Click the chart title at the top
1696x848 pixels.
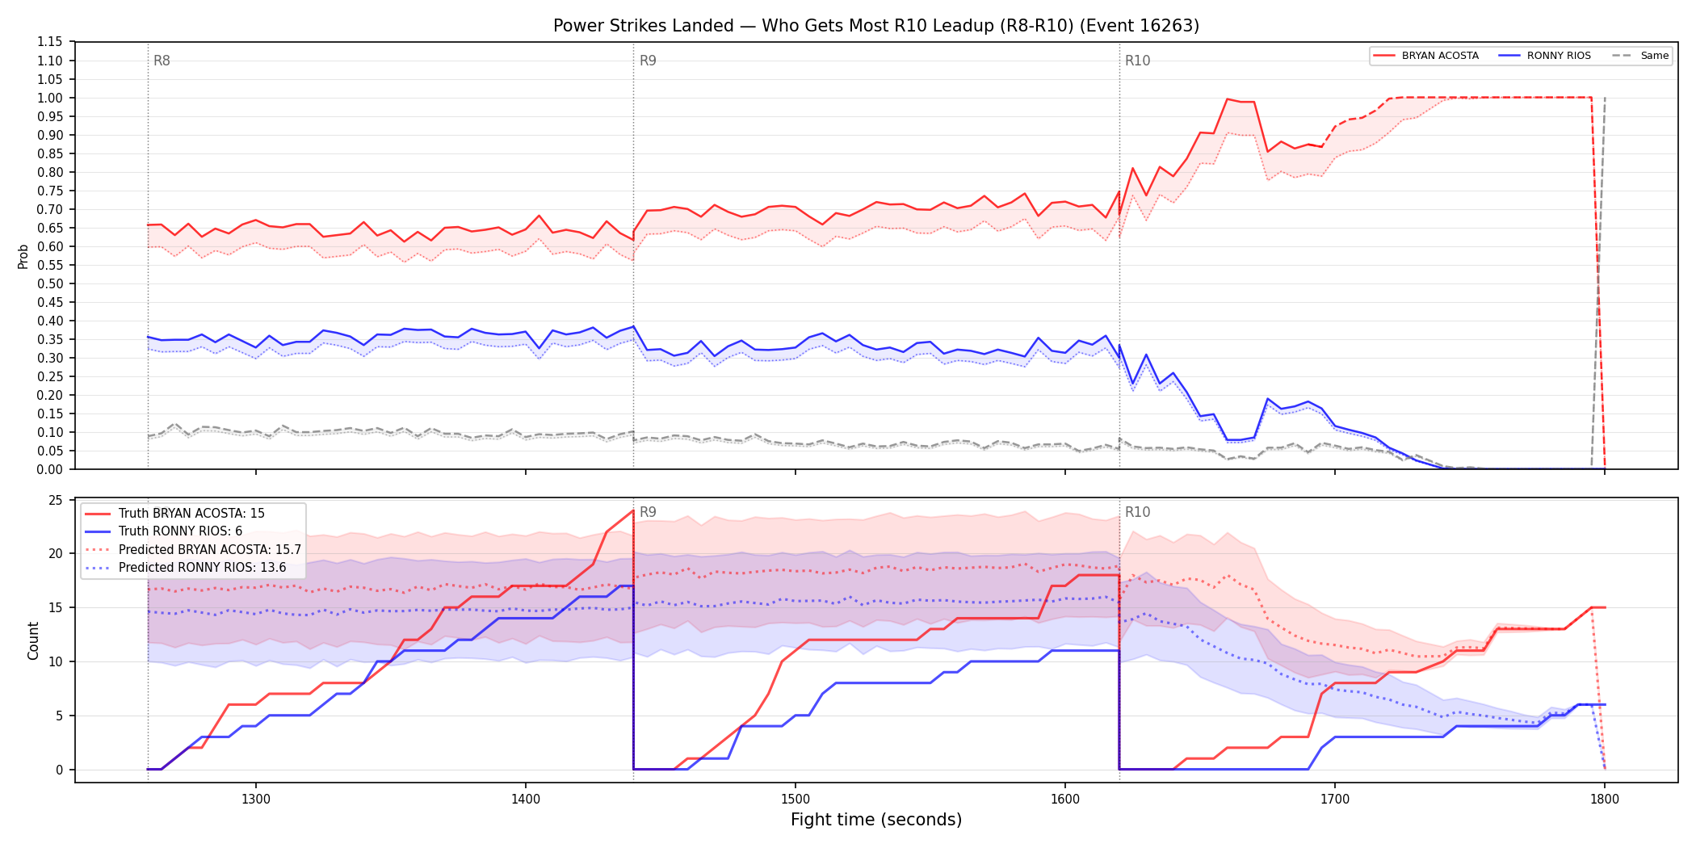tap(876, 26)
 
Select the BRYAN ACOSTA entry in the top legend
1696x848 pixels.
tap(1426, 56)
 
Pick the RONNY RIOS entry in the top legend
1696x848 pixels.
tap(1545, 56)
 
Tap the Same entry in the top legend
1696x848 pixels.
tap(1640, 56)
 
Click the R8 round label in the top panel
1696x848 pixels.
tap(162, 61)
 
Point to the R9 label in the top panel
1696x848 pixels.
tap(648, 61)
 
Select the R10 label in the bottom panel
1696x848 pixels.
tap(1137, 512)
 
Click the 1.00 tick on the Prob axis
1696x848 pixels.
tap(50, 98)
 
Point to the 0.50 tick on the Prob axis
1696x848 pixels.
tap(50, 283)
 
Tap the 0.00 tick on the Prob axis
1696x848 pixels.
tap(50, 469)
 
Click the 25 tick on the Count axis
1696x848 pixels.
tap(56, 500)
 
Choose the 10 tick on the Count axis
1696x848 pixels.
tap(56, 661)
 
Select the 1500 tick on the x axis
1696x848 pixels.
tap(796, 799)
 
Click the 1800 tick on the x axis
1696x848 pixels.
tap(1605, 799)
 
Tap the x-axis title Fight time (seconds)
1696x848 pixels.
tap(876, 820)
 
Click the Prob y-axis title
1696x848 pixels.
tap(23, 256)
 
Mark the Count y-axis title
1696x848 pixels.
tap(33, 640)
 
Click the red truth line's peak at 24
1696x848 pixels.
tap(633, 510)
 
